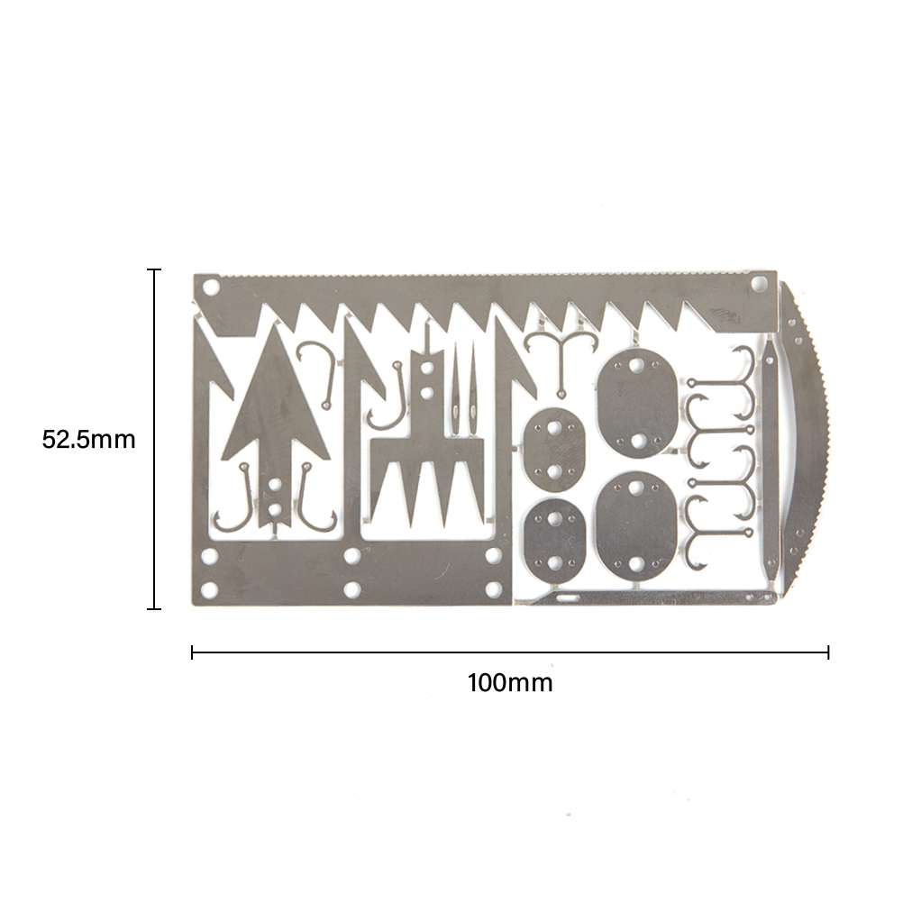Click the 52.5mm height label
pyautogui.click(x=88, y=440)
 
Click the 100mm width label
pyautogui.click(x=510, y=683)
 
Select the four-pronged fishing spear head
pyautogui.click(x=427, y=438)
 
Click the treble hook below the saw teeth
pyautogui.click(x=560, y=363)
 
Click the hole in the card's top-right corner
pyautogui.click(x=761, y=283)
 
